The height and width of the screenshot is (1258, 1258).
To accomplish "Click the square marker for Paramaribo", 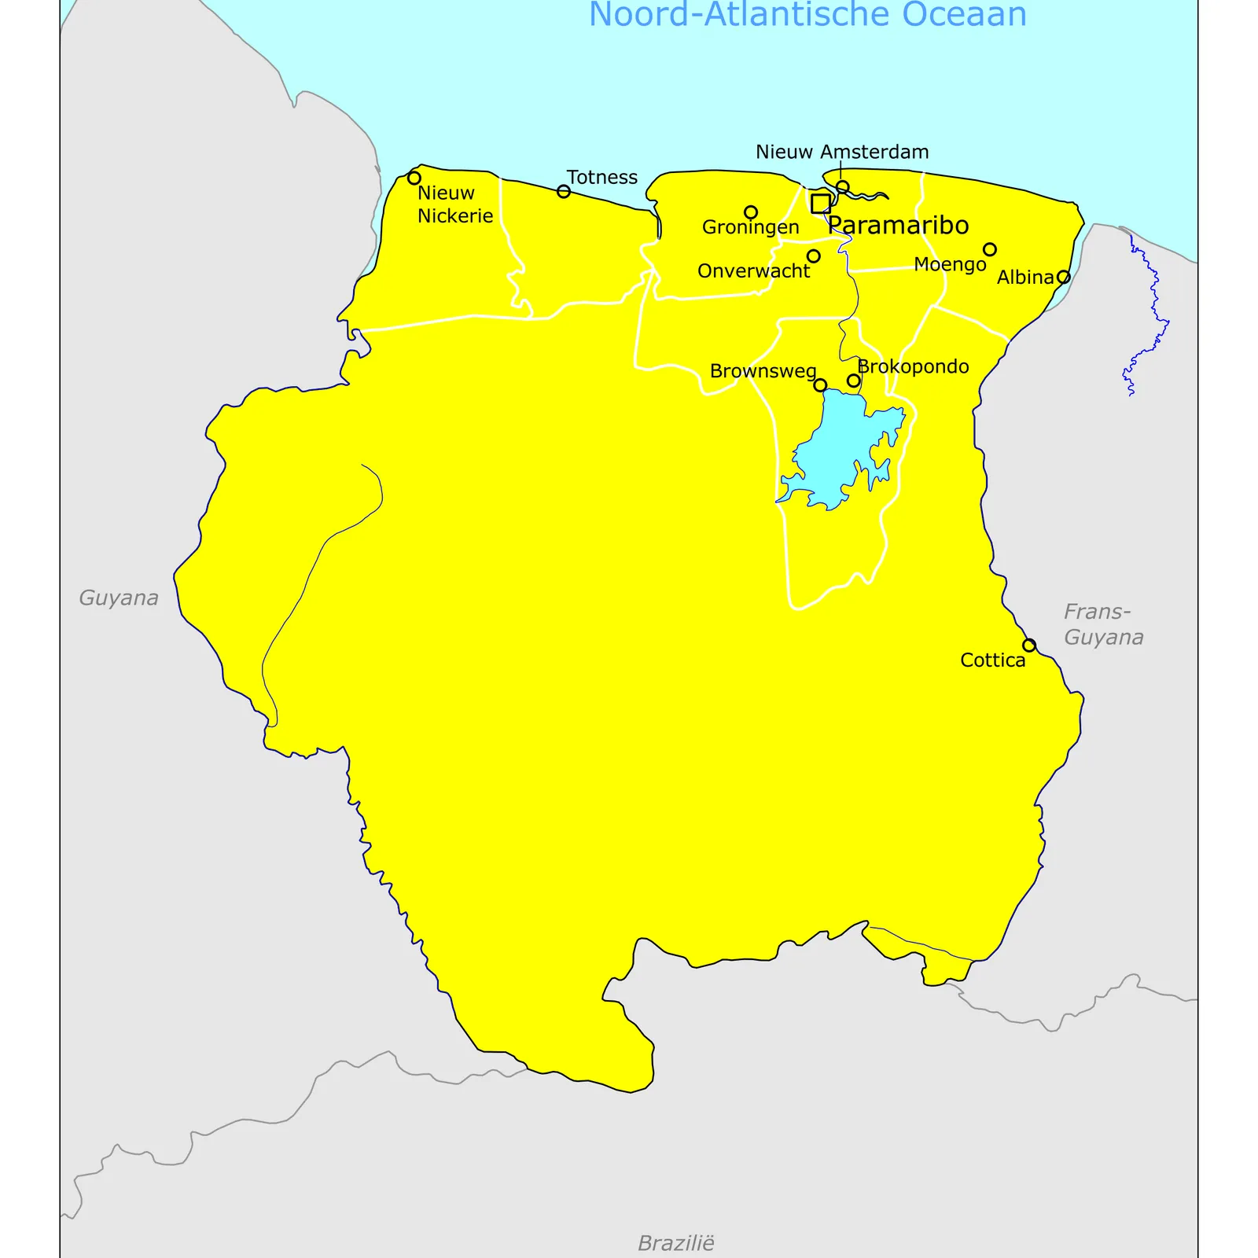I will tap(820, 204).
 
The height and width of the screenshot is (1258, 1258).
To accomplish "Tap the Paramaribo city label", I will tap(898, 226).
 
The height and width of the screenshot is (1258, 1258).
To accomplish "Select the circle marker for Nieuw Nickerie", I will tap(414, 178).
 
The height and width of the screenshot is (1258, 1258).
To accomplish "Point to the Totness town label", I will tap(602, 177).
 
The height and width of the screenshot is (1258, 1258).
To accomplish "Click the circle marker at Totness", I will tap(564, 191).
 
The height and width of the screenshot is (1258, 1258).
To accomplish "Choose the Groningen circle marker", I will tap(751, 212).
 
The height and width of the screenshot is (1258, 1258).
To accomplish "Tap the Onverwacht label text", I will tap(753, 271).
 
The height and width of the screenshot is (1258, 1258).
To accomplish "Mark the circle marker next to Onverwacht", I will tap(814, 256).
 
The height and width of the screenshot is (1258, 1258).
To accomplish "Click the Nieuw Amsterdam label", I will tap(842, 152).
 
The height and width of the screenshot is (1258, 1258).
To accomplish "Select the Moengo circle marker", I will tap(990, 249).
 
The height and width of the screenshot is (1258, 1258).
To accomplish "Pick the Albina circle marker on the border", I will tap(1063, 277).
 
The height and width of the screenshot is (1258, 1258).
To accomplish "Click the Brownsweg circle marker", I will tap(820, 385).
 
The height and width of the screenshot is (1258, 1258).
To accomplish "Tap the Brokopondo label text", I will tap(913, 366).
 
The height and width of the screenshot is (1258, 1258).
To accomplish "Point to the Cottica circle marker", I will tap(1029, 646).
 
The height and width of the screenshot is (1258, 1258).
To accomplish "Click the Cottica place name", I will tap(992, 660).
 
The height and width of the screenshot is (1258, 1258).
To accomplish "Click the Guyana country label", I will tap(119, 598).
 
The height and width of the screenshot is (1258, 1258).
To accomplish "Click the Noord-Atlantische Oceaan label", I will tap(807, 14).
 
